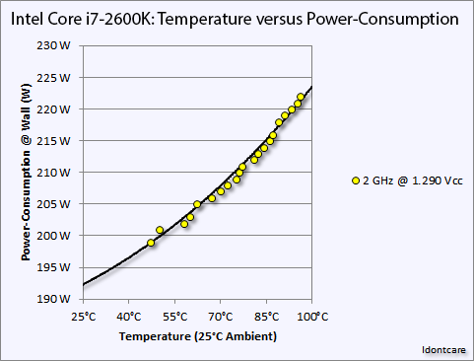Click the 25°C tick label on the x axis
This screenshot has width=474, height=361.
pyautogui.click(x=84, y=317)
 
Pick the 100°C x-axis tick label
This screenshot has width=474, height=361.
pyautogui.click(x=311, y=317)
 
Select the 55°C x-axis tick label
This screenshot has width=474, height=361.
pyautogui.click(x=175, y=317)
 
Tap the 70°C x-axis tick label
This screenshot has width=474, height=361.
pyautogui.click(x=221, y=317)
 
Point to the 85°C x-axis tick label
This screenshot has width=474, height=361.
pyautogui.click(x=267, y=317)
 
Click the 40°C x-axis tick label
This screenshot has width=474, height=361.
pyautogui.click(x=129, y=317)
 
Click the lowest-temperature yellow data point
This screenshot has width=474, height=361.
pyautogui.click(x=151, y=243)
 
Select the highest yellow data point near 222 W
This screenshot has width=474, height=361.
pyautogui.click(x=301, y=97)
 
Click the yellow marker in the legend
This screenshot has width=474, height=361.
pyautogui.click(x=356, y=180)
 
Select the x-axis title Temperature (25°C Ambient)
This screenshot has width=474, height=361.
pyautogui.click(x=197, y=337)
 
